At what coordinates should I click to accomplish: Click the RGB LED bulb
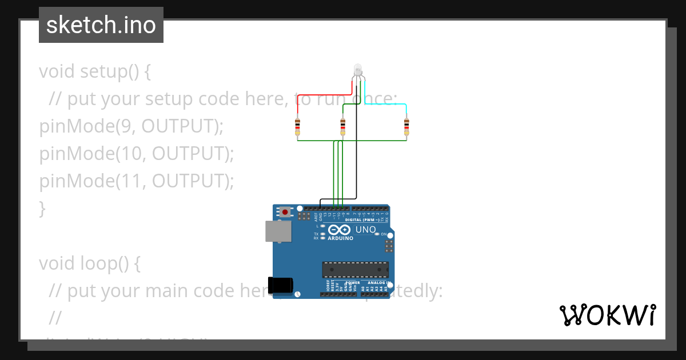click(358, 70)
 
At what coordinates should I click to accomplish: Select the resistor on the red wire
click(297, 126)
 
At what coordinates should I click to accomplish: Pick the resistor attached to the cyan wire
click(406, 126)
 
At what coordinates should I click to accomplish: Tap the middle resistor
click(342, 126)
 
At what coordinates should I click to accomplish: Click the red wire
click(323, 95)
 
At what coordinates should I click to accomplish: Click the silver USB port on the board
click(278, 231)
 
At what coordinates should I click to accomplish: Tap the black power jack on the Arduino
click(281, 285)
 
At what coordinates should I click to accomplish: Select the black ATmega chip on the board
click(355, 270)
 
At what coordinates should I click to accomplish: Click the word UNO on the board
click(366, 230)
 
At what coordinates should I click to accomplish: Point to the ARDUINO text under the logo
click(341, 238)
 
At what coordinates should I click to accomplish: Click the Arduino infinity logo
click(340, 230)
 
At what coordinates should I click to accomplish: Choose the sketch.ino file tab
click(101, 25)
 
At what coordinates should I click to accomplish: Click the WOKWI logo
click(607, 315)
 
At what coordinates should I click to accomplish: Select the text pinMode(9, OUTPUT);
click(131, 126)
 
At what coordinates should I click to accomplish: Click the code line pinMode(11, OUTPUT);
click(137, 181)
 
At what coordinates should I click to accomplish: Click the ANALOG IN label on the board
click(379, 283)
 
